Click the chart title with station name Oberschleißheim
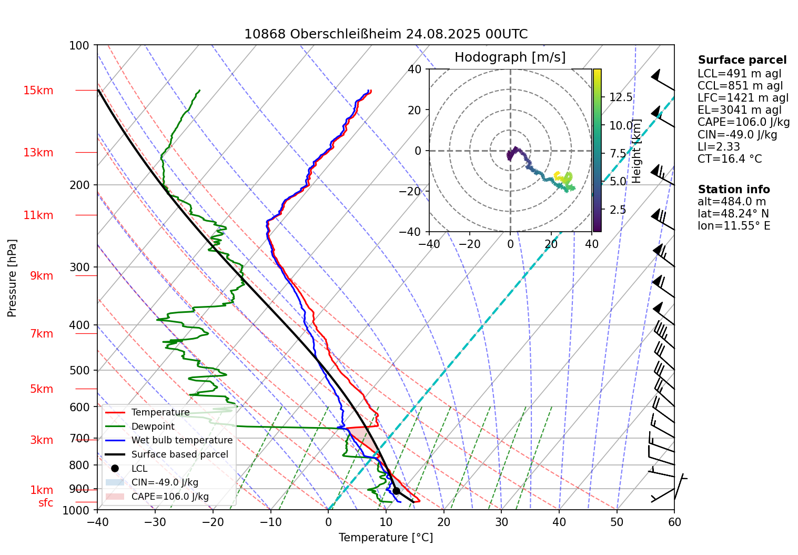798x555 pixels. click(386, 34)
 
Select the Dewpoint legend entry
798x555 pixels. click(153, 427)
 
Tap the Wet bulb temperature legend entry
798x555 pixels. click(181, 440)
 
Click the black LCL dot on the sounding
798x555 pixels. click(396, 491)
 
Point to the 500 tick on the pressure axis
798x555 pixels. click(79, 370)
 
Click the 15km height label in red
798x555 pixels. click(38, 91)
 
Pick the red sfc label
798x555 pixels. click(46, 503)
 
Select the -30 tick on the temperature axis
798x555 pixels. click(155, 522)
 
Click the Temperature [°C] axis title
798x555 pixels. click(386, 538)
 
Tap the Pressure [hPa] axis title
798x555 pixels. click(12, 278)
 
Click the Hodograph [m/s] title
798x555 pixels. click(510, 57)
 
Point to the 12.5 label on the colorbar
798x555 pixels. click(621, 97)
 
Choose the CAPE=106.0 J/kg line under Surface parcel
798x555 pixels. click(743, 122)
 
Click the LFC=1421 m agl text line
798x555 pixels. click(743, 98)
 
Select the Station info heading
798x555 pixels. click(733, 190)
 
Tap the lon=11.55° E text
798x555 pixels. click(733, 226)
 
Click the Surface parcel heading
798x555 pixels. click(742, 60)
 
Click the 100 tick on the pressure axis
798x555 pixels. click(79, 45)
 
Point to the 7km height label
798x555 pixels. click(42, 334)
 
